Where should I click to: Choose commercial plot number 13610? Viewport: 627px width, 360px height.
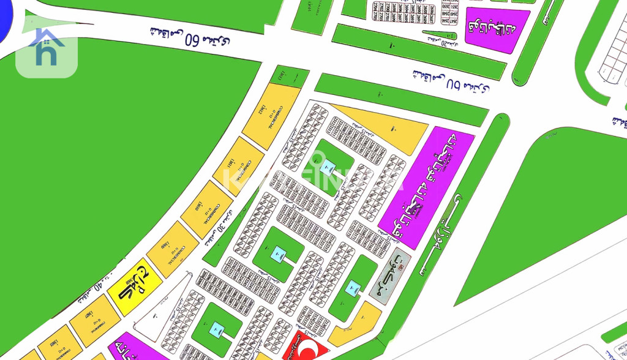coord(206,209)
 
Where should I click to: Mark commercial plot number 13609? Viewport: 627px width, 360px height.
coord(172,249)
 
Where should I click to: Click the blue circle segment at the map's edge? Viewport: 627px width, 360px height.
coord(5,21)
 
